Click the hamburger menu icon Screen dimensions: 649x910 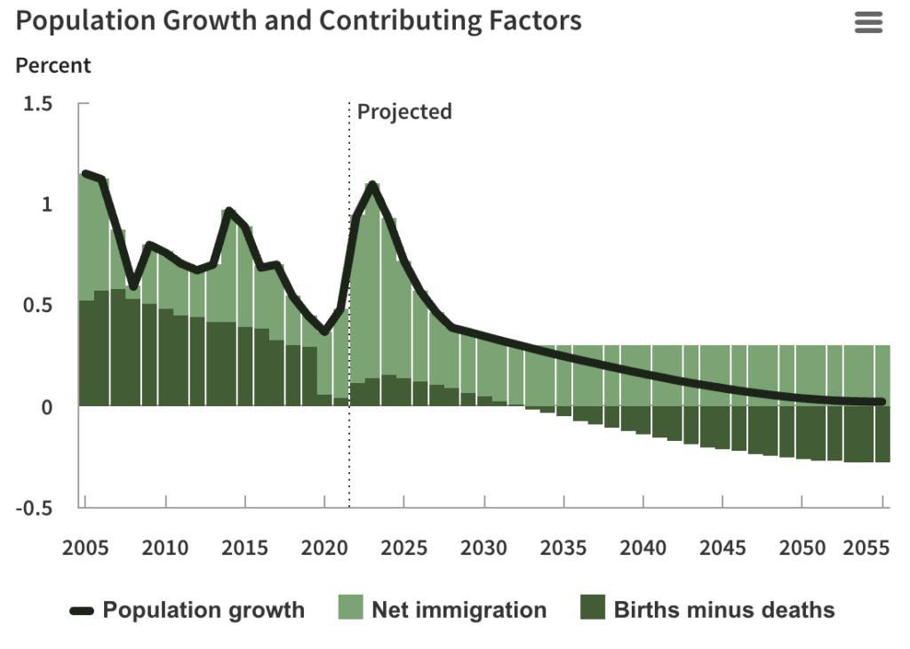868,23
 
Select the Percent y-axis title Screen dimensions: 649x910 53,65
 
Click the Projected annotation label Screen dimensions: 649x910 404,111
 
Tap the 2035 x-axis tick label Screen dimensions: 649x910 564,547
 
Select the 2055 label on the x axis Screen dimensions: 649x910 866,547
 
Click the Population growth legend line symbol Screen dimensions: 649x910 82,611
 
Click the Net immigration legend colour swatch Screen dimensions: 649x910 351,610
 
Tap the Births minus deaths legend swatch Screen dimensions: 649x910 593,610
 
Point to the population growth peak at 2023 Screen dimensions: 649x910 372,185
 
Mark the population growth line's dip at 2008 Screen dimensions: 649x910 133,286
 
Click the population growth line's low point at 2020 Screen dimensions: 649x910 324,333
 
